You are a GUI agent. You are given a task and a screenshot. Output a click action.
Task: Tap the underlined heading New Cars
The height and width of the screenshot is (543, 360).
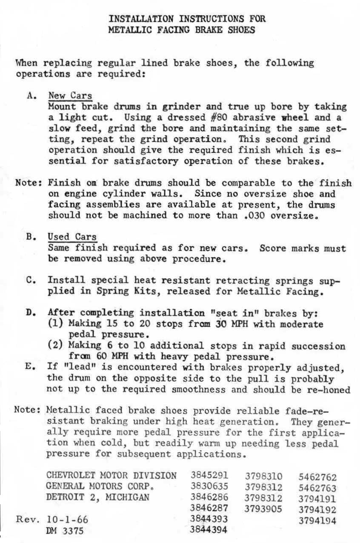pos(70,96)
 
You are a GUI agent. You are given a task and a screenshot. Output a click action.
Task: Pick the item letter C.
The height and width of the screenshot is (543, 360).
pos(30,281)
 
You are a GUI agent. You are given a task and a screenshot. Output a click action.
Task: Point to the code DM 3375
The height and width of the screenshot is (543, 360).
pos(65,531)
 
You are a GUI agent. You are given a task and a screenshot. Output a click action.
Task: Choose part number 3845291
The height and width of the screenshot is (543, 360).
pos(209,475)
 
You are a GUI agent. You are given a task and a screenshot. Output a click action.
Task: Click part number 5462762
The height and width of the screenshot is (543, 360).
pos(317,477)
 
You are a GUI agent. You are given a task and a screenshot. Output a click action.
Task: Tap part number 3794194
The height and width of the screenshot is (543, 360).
pos(317,520)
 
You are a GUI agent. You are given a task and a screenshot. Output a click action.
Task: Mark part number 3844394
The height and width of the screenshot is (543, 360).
pos(209,530)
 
